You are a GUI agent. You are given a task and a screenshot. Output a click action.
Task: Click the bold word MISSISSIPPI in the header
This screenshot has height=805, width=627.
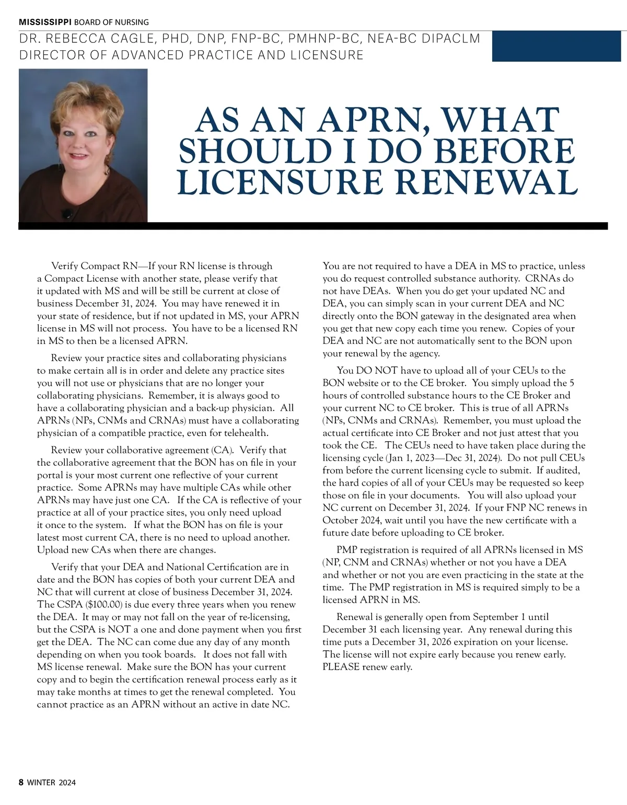point(45,22)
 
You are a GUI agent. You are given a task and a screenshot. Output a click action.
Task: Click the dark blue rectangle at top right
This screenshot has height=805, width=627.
point(559,46)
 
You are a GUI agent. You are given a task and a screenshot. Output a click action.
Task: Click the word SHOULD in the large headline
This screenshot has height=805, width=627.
point(256,151)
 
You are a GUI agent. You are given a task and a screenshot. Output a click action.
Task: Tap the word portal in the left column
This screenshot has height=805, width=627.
point(50,475)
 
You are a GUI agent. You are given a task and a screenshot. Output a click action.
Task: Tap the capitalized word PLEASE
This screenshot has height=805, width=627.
point(341,667)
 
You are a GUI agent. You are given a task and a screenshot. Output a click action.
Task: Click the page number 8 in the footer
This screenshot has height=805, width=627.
point(21,782)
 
